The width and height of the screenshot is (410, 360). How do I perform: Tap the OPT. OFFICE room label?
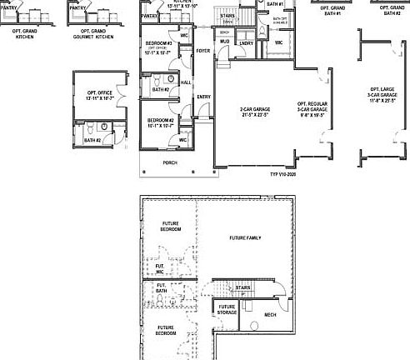tap(93, 97)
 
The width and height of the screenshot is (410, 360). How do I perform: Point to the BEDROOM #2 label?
tap(160, 122)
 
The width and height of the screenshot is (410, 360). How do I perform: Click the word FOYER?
tap(202, 51)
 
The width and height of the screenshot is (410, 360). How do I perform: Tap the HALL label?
tap(186, 82)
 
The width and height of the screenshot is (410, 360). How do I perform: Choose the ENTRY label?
tap(203, 97)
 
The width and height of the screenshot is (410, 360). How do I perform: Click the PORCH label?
tap(170, 162)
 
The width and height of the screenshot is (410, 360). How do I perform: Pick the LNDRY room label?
tap(246, 42)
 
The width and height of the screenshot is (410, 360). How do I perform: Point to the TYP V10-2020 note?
tap(282, 175)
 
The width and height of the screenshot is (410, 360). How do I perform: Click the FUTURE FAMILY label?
tap(245, 238)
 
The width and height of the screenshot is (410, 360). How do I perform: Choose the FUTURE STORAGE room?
tap(227, 310)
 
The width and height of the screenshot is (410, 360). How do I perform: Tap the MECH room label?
tap(270, 314)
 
